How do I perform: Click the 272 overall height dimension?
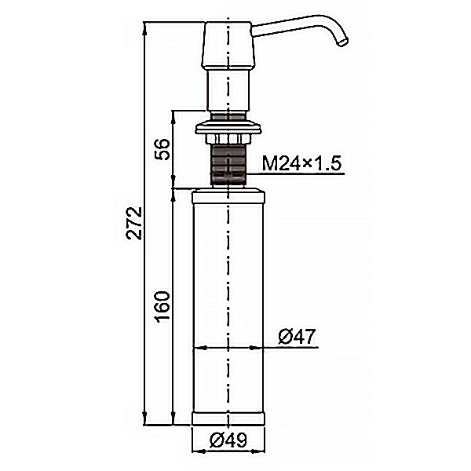134,223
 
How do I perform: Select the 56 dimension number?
162,149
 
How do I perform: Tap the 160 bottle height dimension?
162,307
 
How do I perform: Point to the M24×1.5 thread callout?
302,164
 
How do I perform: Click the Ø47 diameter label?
297,337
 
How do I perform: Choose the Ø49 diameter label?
228,440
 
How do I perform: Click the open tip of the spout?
343,42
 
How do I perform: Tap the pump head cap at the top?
228,45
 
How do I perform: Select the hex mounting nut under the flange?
228,139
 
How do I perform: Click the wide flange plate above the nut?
228,127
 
